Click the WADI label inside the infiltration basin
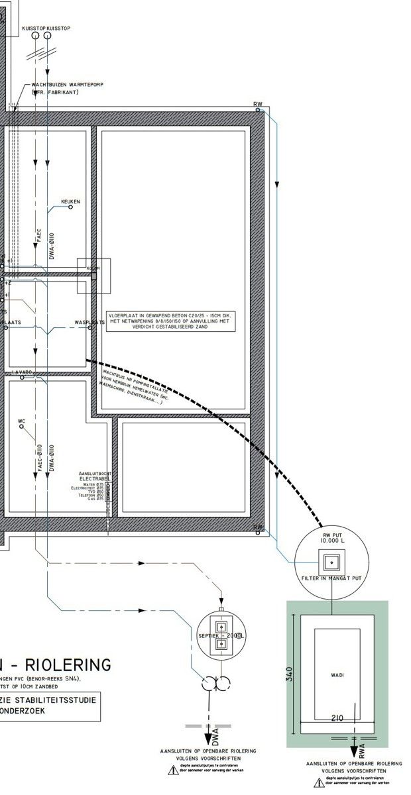[337, 675]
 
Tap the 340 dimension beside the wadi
[291, 674]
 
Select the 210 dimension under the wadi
[337, 718]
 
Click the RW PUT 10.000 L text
[330, 537]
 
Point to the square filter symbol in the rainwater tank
[330, 562]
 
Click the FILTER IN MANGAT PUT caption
[329, 578]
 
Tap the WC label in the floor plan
[21, 421]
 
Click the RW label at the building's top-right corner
[257, 105]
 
